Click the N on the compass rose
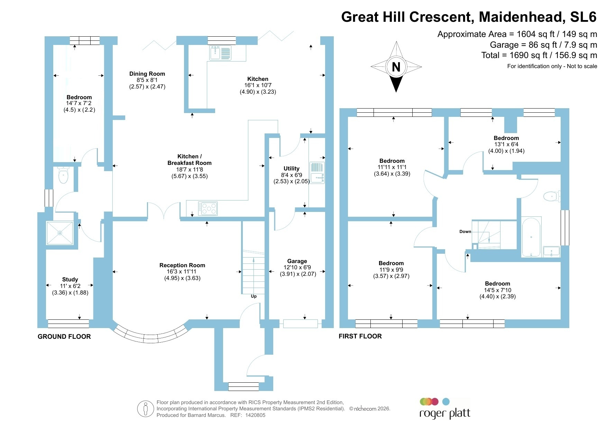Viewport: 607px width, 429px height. pyautogui.click(x=396, y=67)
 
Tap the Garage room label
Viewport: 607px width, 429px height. pyautogui.click(x=297, y=261)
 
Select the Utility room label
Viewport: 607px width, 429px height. pyautogui.click(x=292, y=168)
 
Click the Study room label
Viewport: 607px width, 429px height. pyautogui.click(x=70, y=279)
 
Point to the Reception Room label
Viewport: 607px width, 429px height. pyautogui.click(x=182, y=265)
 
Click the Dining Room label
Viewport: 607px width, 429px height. pyautogui.click(x=147, y=74)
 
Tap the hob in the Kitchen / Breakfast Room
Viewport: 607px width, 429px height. pyautogui.click(x=208, y=208)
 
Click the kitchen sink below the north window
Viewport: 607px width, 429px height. pyautogui.click(x=220, y=53)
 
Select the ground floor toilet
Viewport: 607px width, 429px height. pyautogui.click(x=64, y=175)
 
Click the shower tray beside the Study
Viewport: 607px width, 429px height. pyautogui.click(x=60, y=233)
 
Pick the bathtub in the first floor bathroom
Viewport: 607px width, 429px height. pyautogui.click(x=531, y=237)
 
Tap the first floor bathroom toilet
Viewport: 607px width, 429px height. pyautogui.click(x=552, y=197)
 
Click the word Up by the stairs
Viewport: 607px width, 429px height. pyautogui.click(x=254, y=296)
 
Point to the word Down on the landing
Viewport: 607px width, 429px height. pyautogui.click(x=465, y=232)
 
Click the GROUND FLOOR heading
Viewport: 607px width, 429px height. pyautogui.click(x=64, y=337)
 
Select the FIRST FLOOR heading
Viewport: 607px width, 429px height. pyautogui.click(x=360, y=336)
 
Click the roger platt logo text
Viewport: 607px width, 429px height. pyautogui.click(x=445, y=414)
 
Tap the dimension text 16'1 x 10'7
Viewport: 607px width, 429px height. pyautogui.click(x=258, y=85)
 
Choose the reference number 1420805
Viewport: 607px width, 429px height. pyautogui.click(x=255, y=415)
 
